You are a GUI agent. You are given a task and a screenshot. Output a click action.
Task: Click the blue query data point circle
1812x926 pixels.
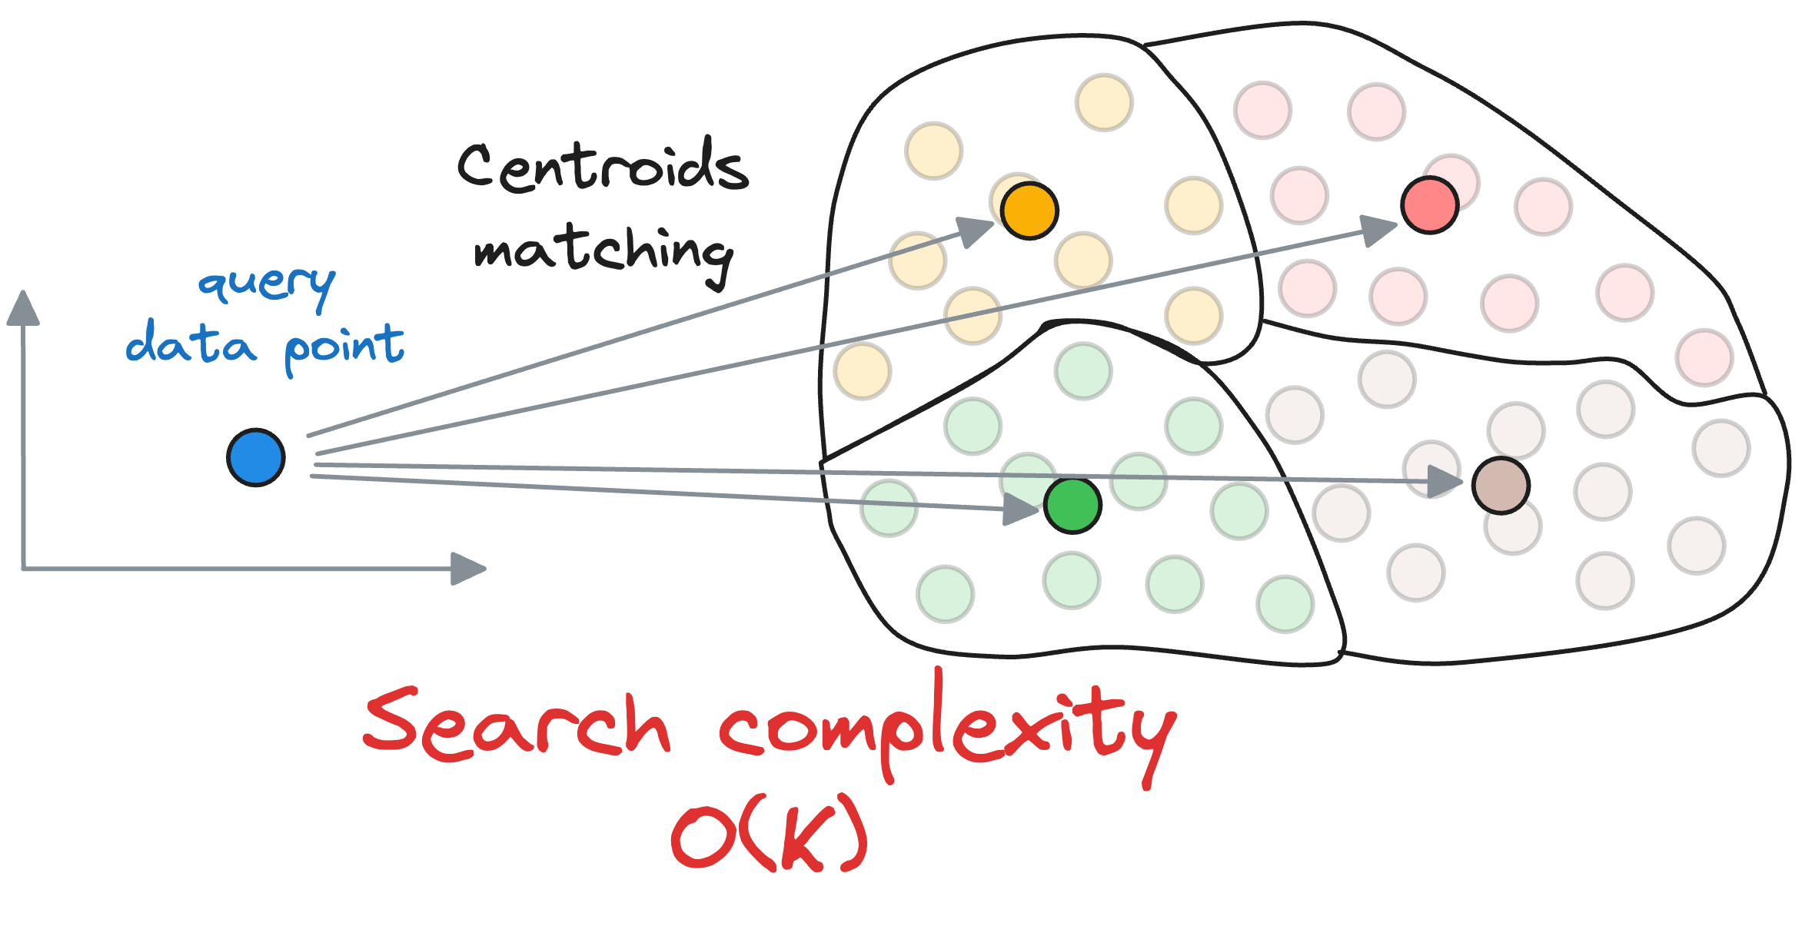point(256,457)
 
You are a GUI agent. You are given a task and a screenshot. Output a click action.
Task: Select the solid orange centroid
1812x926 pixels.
point(1029,211)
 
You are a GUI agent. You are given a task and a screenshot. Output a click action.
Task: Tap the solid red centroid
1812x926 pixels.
point(1430,205)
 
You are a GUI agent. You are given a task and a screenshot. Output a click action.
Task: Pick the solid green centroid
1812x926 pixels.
point(1072,505)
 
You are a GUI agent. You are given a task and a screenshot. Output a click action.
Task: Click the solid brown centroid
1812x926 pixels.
point(1501,486)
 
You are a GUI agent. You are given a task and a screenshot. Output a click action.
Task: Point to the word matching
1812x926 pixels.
point(603,252)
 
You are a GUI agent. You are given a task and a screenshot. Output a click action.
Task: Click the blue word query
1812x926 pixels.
point(267,284)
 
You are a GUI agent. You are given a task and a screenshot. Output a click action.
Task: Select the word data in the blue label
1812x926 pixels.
point(191,344)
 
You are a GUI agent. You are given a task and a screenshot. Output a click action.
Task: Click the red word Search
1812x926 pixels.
point(517,725)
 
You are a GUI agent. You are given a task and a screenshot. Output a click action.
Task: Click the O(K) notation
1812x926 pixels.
point(770,834)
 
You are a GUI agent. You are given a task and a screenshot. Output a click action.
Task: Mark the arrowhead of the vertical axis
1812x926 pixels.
point(23,307)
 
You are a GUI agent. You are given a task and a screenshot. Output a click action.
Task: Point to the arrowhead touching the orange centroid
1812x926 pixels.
point(976,230)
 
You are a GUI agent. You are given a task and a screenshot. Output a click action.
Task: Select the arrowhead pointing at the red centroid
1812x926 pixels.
point(1378,229)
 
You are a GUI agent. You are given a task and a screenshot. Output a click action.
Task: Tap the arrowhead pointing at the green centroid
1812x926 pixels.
point(1022,509)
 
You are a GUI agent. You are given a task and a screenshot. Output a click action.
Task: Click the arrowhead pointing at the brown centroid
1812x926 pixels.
point(1445,482)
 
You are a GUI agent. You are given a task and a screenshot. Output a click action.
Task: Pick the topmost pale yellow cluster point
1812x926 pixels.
point(1104,102)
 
